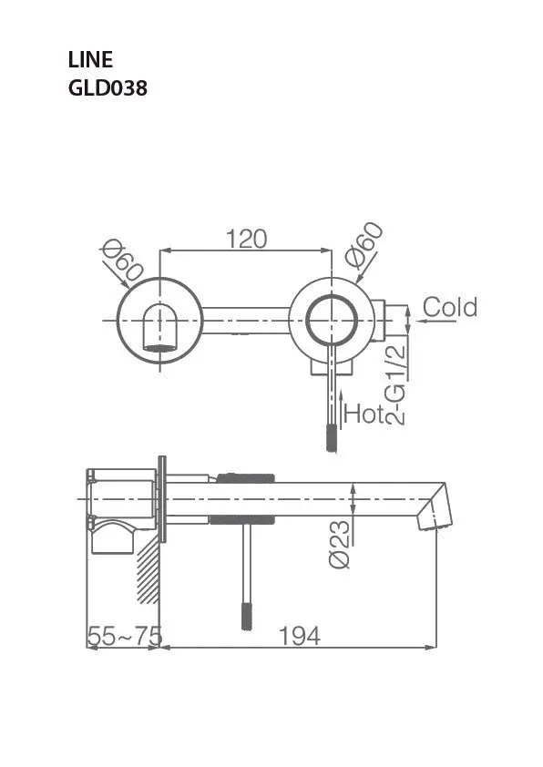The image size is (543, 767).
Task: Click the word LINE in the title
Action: pyautogui.click(x=90, y=60)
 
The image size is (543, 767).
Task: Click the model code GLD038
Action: pyautogui.click(x=108, y=88)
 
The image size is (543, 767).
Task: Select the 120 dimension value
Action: pyautogui.click(x=247, y=239)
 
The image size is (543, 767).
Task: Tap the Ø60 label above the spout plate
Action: pyautogui.click(x=123, y=262)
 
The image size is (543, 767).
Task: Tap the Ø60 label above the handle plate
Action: pyautogui.click(x=364, y=245)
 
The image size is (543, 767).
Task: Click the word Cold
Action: pyautogui.click(x=450, y=308)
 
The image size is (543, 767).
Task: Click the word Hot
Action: pyautogui.click(x=364, y=414)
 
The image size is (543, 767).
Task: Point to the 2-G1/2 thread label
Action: pyautogui.click(x=395, y=384)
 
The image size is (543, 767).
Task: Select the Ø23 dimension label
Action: pyautogui.click(x=340, y=544)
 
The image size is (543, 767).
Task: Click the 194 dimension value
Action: pyautogui.click(x=300, y=636)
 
